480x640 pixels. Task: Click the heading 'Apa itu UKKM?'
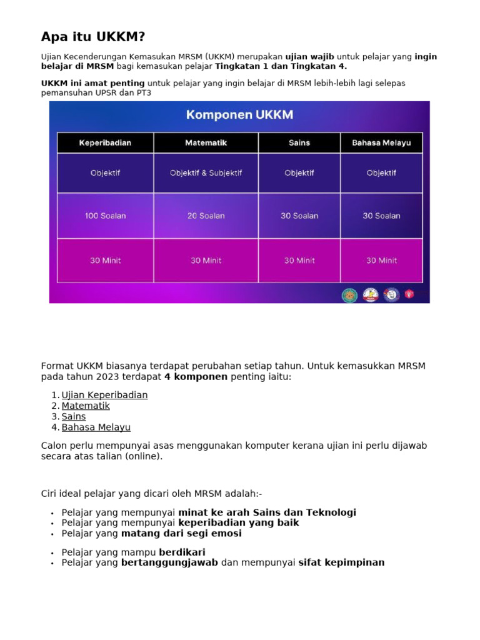94,36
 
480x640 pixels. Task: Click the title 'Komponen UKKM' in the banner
239,115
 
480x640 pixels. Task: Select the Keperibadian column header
105,143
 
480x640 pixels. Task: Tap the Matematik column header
206,143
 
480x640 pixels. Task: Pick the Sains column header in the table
299,143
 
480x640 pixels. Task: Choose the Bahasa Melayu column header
381,143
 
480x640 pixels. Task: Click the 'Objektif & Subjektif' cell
206,173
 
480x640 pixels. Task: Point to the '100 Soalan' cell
105,216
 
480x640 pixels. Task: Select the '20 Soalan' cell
206,216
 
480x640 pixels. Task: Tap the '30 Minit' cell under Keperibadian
105,261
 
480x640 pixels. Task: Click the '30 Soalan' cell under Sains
299,216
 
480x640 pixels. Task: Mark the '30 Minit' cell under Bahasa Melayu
381,261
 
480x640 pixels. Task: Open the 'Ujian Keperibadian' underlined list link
104,395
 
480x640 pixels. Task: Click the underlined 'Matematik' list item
86,406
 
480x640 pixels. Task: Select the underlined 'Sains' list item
74,416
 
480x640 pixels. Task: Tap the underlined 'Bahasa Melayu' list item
96,427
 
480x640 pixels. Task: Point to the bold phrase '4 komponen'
196,377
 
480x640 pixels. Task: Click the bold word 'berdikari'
182,552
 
